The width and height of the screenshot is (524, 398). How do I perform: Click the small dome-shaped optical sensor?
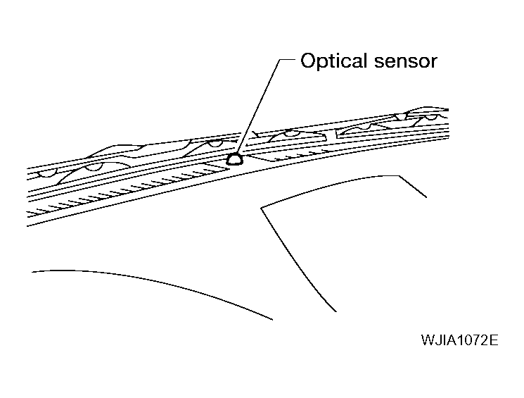236,158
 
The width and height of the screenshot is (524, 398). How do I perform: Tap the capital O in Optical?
307,61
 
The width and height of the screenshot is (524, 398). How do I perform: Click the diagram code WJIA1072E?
459,340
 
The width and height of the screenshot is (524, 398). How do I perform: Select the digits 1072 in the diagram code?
468,340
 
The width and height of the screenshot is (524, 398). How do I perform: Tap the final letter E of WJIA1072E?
494,340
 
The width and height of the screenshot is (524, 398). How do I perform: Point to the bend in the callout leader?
279,61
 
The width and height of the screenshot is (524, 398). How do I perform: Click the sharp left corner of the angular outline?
262,207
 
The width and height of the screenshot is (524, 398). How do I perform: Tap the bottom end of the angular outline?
335,311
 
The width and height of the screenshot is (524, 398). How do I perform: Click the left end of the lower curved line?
32,270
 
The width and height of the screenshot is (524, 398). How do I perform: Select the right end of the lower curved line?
271,319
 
